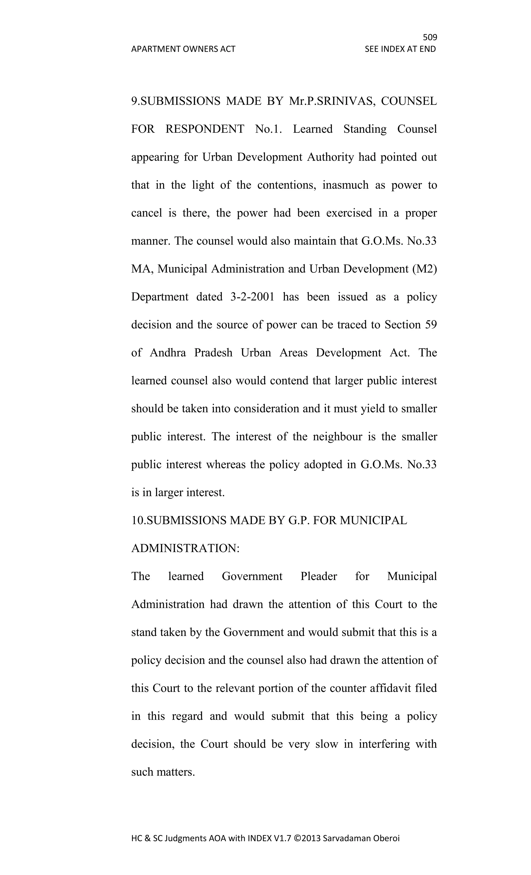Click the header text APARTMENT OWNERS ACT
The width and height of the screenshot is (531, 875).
(183, 49)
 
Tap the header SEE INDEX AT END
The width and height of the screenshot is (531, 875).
(400, 49)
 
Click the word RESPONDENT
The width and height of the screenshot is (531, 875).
(205, 129)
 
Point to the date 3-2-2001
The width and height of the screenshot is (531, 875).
(252, 297)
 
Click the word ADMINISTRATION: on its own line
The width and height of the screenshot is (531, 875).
(185, 548)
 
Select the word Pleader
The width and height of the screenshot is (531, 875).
(318, 576)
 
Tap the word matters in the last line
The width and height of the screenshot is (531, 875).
(177, 772)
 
